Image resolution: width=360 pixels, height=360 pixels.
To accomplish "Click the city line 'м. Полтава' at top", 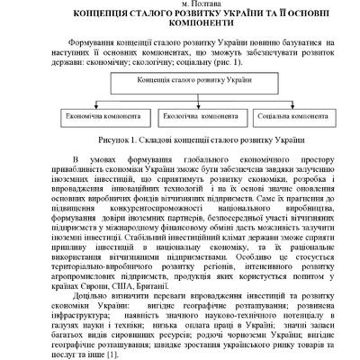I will coord(180,4).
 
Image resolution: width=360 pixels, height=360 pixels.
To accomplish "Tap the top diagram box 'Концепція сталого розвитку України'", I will coord(179,82).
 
